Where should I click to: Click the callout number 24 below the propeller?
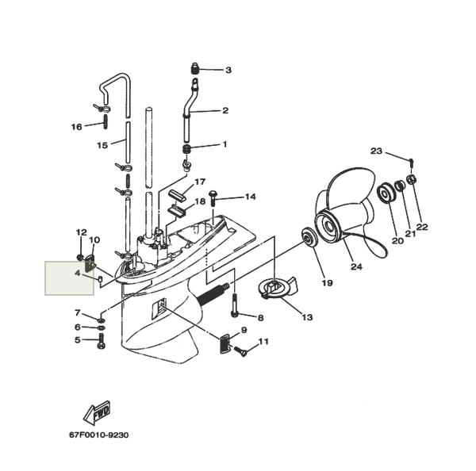[x=355, y=267]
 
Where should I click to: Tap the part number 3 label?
[x=228, y=71]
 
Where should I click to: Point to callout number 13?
[x=306, y=317]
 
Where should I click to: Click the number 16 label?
[x=76, y=127]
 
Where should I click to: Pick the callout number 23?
[x=376, y=151]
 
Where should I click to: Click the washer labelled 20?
[x=388, y=193]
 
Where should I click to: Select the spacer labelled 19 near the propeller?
[x=308, y=237]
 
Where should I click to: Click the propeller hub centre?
[x=328, y=226]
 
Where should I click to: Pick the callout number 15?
[x=102, y=145]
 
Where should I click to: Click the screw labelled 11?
[x=243, y=348]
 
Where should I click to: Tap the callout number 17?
[x=199, y=182]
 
